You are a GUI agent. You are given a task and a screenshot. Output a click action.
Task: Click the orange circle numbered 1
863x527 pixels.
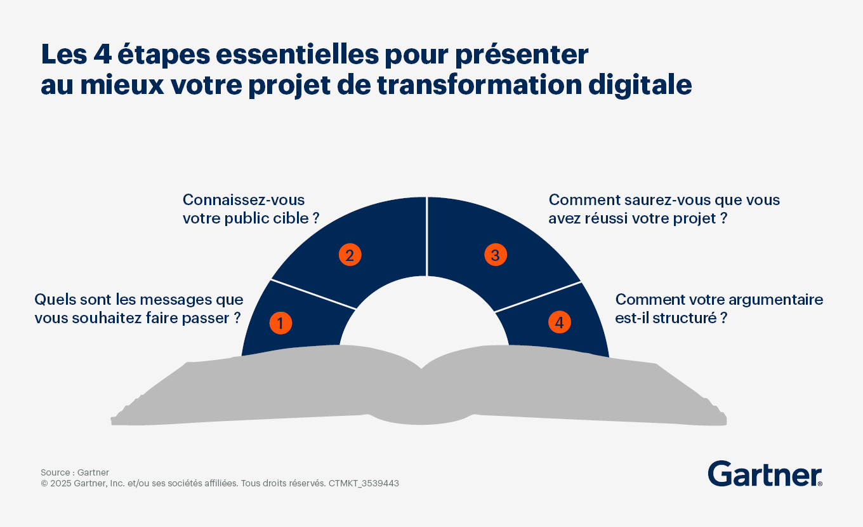(280, 323)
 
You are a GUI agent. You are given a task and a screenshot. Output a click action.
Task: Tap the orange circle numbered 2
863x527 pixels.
(350, 255)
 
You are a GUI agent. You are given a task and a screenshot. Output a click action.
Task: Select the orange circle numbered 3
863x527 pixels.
(496, 255)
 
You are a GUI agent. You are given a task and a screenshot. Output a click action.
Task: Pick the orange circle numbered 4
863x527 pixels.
(560, 323)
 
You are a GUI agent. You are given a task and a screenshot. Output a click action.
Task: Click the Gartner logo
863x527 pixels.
(765, 474)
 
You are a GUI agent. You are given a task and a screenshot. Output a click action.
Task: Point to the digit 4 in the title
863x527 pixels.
(103, 55)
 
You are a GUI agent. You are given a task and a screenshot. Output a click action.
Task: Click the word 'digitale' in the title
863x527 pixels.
(640, 85)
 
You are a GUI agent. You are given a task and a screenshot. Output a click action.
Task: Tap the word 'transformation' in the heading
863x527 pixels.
(479, 85)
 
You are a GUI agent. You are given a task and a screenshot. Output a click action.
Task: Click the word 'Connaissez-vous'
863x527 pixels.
(244, 200)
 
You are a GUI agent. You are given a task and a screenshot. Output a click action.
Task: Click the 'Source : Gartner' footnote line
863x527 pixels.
(75, 472)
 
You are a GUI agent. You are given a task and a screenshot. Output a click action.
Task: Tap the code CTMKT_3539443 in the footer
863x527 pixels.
(364, 483)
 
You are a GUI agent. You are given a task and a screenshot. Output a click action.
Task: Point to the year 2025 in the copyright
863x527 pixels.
(61, 483)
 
